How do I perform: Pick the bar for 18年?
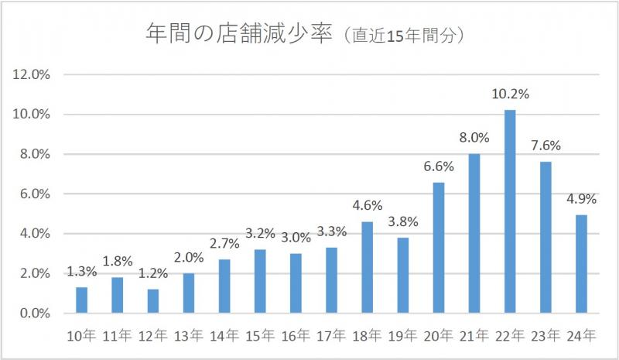368,267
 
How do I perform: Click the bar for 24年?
581,264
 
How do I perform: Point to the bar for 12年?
153,301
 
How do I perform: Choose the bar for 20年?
439,248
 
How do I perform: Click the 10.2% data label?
510,94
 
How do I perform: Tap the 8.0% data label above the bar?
474,139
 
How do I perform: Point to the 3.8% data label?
403,222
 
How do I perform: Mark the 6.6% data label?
439,166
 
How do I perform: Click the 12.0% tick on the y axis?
32,74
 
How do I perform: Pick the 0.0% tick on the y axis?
34,314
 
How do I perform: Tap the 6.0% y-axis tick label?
34,194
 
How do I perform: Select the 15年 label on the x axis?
261,337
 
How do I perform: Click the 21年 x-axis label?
474,337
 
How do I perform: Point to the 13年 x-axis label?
189,337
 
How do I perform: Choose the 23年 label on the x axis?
545,337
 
